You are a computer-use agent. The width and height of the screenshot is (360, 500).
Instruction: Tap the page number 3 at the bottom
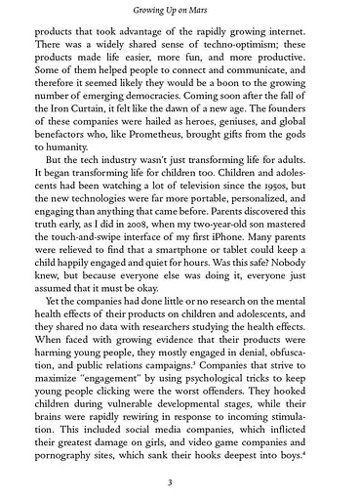point(180,479)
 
